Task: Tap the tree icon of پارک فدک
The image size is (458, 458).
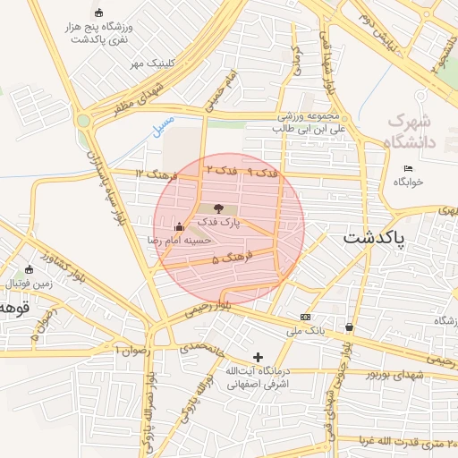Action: [x=220, y=208]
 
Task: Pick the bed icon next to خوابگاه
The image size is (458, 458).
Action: [x=409, y=168]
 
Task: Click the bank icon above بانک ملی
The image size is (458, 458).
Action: [x=306, y=317]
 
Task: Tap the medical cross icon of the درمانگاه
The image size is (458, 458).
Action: [x=259, y=357]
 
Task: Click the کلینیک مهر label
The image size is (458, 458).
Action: [x=150, y=64]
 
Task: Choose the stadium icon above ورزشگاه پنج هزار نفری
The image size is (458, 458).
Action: [x=98, y=13]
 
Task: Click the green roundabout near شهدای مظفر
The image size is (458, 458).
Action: [x=84, y=121]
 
